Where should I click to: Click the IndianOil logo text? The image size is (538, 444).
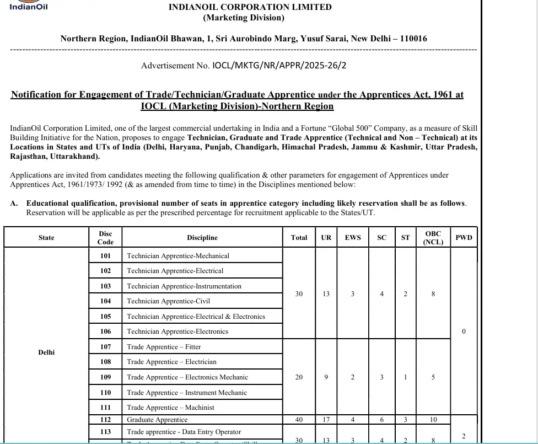[29, 7]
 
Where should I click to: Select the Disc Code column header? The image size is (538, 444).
[105, 238]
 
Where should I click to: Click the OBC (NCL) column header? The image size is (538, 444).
[433, 238]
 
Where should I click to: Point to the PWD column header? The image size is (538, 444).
[464, 238]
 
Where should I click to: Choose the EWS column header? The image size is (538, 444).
[353, 238]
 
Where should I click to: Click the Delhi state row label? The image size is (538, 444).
[46, 352]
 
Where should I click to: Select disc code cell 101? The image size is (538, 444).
[105, 256]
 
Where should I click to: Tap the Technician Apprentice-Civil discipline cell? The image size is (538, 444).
[169, 301]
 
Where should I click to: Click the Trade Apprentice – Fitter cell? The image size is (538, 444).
[164, 347]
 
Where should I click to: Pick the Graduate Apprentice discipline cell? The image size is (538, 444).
[157, 420]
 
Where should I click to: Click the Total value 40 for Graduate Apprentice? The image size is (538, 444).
[299, 420]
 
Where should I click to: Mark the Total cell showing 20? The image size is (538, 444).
[299, 377]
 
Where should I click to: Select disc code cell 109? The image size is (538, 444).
[105, 377]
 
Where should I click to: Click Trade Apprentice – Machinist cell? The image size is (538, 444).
[170, 408]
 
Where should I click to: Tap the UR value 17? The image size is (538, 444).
[326, 420]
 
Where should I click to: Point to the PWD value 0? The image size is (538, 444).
[464, 331]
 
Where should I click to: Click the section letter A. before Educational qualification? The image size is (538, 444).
[14, 203]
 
